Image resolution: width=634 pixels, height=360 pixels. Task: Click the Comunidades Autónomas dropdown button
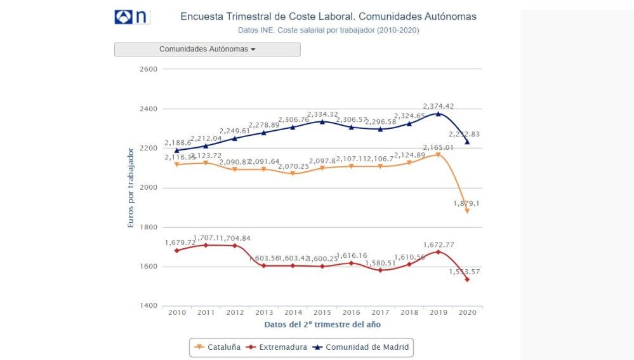point(207,49)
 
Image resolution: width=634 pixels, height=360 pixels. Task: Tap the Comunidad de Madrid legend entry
point(364,347)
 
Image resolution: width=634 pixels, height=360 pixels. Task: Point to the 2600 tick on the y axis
point(148,69)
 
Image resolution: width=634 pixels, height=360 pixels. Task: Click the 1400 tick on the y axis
point(148,306)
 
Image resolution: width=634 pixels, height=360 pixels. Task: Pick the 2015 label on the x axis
point(322,313)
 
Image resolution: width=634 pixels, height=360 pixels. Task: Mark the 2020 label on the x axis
point(467,313)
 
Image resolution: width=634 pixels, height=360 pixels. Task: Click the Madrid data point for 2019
point(438,114)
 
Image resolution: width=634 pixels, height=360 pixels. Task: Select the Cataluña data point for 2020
point(467,211)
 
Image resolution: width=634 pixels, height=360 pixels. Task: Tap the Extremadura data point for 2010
point(176,251)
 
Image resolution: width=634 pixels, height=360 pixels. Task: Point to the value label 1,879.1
point(465,203)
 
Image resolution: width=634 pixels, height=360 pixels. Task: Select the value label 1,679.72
point(180,243)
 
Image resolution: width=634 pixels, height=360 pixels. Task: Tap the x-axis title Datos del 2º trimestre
point(322,324)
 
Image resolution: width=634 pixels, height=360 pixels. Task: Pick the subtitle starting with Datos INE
point(328,30)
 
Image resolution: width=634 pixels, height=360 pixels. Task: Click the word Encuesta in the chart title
point(199,17)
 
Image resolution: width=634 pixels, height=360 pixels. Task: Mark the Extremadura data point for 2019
point(438,252)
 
